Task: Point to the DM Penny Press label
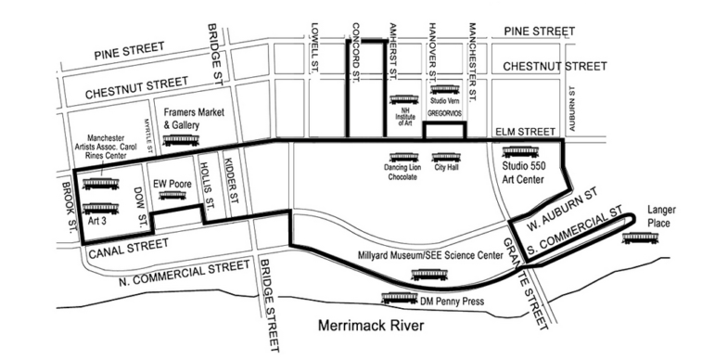[x=453, y=300]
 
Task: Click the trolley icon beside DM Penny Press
[x=401, y=300]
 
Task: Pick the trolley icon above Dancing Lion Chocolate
[x=402, y=156]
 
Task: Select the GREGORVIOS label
[x=444, y=111]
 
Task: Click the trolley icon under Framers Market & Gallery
[x=181, y=140]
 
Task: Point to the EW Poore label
[x=172, y=183]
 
